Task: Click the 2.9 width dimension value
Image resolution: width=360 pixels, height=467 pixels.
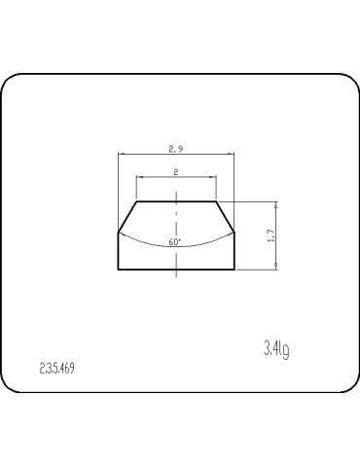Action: (x=176, y=149)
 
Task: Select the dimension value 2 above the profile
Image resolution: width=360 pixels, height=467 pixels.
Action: (x=176, y=171)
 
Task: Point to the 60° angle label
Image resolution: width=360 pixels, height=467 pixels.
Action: (x=174, y=240)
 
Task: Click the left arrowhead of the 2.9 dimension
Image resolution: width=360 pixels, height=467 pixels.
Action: (x=120, y=155)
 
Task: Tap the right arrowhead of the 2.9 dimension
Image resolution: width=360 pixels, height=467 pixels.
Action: (x=233, y=155)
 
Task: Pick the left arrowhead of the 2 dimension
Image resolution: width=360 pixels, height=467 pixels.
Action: (x=139, y=177)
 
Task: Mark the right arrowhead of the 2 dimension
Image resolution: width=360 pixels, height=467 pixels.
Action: (x=213, y=177)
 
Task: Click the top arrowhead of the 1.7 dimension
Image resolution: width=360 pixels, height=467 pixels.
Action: (x=277, y=204)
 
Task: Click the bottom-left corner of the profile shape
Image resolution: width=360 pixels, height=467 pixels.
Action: (x=118, y=269)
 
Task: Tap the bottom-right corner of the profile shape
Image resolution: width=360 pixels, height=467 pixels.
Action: (x=234, y=269)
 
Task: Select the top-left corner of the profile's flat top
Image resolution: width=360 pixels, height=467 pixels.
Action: (x=137, y=201)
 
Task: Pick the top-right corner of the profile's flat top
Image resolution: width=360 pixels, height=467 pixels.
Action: (x=215, y=201)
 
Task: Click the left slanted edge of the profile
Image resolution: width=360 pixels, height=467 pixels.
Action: (x=127, y=217)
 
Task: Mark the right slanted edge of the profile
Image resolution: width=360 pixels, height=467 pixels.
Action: (x=225, y=217)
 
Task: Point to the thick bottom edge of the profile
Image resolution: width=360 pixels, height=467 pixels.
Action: (x=176, y=269)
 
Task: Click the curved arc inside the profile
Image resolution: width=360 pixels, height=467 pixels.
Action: (x=146, y=240)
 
